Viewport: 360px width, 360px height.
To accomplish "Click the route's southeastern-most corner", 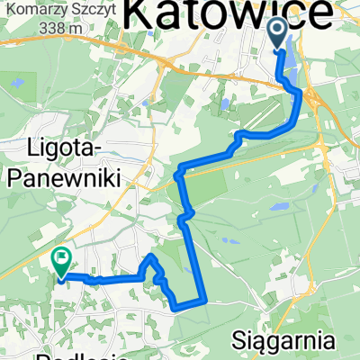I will [x=205, y=303].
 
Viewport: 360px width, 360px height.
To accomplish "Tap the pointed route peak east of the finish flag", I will [x=151, y=258].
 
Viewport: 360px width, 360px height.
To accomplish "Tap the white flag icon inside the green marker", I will [x=61, y=258].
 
